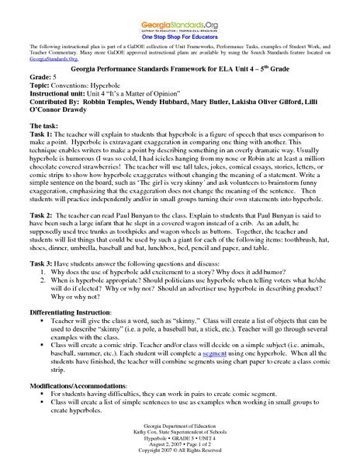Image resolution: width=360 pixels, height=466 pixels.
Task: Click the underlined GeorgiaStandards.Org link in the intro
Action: tap(48, 58)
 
